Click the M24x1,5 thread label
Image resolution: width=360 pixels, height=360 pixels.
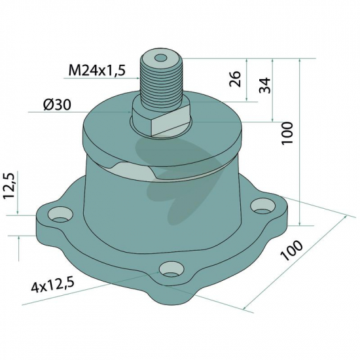coord(97,70)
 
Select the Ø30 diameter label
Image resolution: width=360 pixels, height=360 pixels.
coord(57,105)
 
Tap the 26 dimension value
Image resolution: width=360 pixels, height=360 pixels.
coord(235,79)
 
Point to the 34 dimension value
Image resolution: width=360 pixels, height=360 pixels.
coord(264,85)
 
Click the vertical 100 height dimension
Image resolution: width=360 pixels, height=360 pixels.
coord(288,133)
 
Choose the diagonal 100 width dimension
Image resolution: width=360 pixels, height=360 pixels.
coord(291,250)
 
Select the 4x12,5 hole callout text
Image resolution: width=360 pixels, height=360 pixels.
coord(52,285)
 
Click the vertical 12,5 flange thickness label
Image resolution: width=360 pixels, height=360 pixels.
coord(9,186)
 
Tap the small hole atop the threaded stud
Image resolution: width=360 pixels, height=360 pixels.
coord(160,58)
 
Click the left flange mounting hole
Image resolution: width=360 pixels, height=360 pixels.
coord(60,215)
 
